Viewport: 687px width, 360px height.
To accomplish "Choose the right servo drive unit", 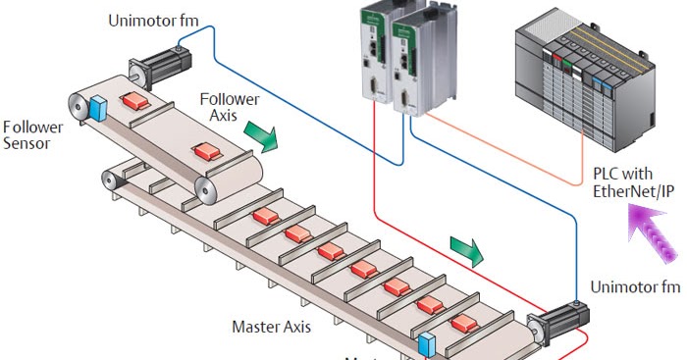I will click(417, 59).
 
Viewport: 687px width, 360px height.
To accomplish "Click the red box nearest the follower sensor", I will click(132, 101).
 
